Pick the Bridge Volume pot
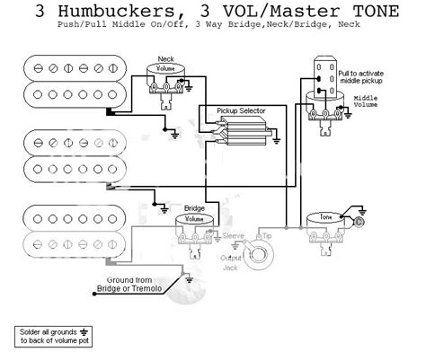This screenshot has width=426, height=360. tap(194, 218)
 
